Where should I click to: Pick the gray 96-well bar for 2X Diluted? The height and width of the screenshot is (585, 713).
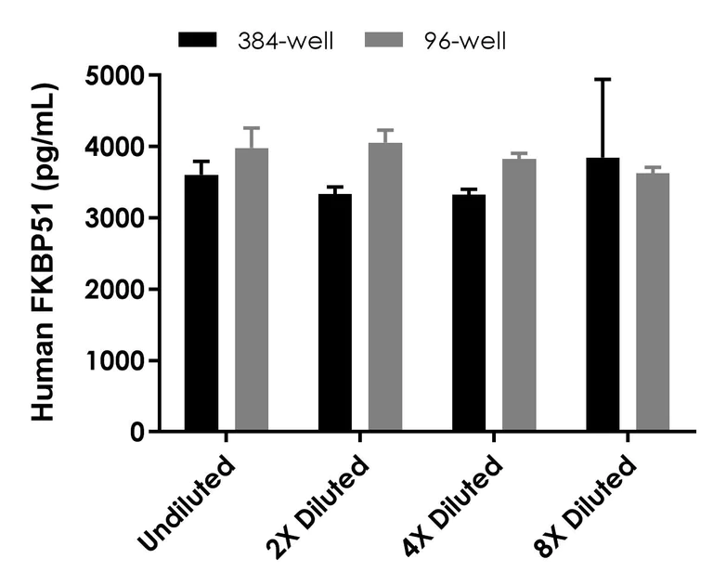pyautogui.click(x=385, y=287)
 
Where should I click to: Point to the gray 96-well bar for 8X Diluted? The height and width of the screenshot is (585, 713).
pyautogui.click(x=653, y=303)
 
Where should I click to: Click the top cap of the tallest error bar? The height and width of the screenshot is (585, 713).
pyautogui.click(x=603, y=80)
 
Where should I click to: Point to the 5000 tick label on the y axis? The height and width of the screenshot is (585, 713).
pyautogui.click(x=116, y=75)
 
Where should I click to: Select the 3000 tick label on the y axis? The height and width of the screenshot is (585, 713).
pyautogui.click(x=116, y=218)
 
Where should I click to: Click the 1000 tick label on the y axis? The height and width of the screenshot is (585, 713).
pyautogui.click(x=116, y=361)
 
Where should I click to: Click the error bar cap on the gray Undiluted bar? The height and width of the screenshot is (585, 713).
pyautogui.click(x=252, y=128)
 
